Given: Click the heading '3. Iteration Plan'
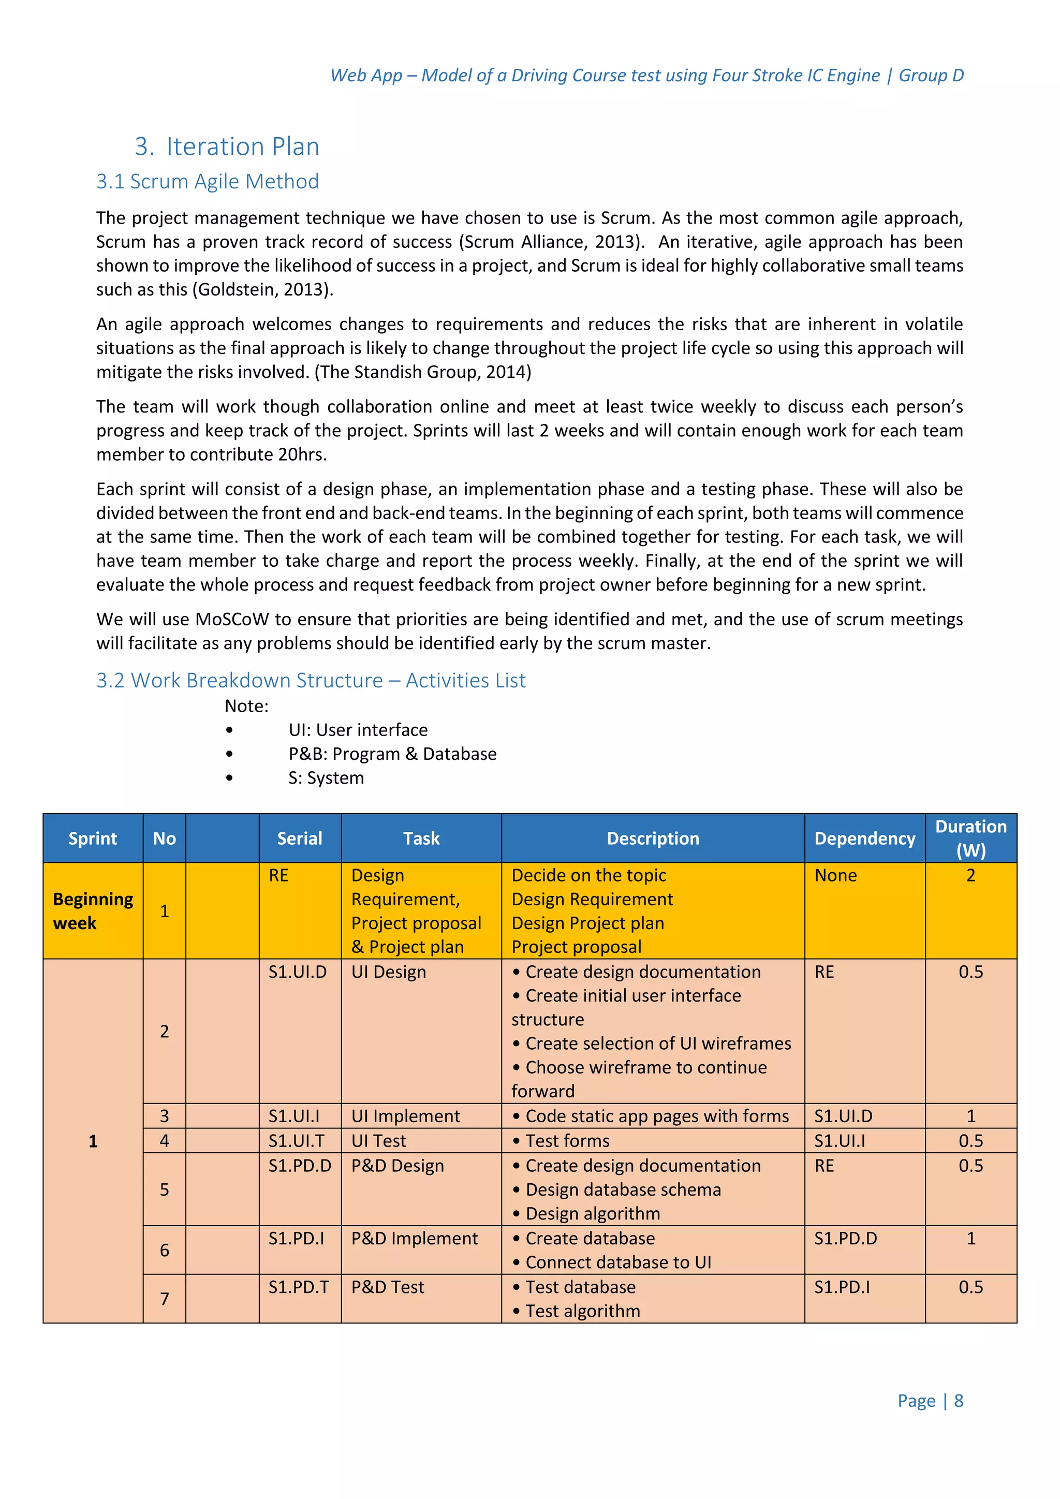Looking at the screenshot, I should (227, 146).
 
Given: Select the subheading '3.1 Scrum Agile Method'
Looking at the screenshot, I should (208, 182).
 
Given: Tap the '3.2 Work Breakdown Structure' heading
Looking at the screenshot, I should (311, 680).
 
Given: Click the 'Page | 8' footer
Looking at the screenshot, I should (930, 1401).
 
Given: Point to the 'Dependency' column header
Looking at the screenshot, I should (864, 839).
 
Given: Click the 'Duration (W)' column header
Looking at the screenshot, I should (970, 839).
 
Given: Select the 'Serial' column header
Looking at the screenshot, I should (300, 839).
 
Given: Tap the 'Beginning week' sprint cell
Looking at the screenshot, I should (93, 911).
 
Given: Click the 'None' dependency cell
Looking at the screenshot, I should (835, 875).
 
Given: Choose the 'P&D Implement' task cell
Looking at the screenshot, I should (415, 1239).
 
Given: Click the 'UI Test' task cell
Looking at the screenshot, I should (378, 1141).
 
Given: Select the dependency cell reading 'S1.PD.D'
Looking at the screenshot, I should (845, 1239).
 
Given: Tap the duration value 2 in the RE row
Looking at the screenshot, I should (970, 875).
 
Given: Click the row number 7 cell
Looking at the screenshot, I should (165, 1299).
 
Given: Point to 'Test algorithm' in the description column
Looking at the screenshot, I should (582, 1311).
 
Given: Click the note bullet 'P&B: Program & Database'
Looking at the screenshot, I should (392, 754).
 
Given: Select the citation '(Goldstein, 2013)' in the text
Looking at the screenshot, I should (262, 289).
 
